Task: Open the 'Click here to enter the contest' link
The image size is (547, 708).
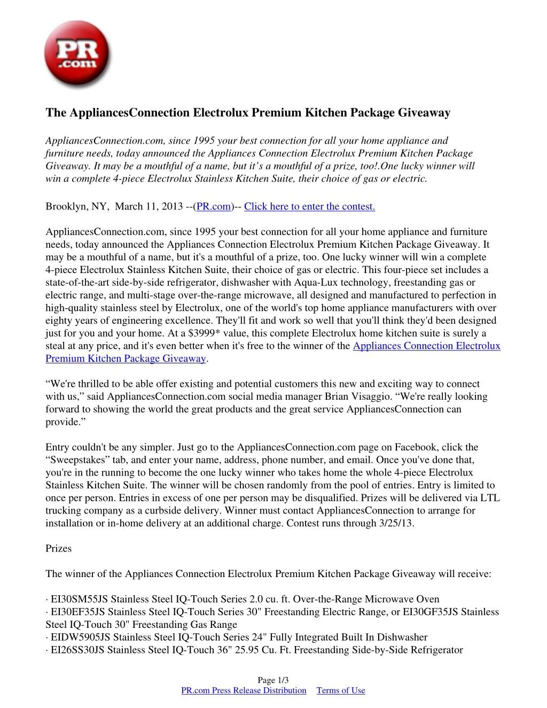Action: pyautogui.click(x=309, y=207)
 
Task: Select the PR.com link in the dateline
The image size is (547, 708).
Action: pyautogui.click(x=214, y=207)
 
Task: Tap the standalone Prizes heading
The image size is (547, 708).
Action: pyautogui.click(x=58, y=549)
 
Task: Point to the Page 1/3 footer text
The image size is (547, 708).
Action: pyautogui.click(x=273, y=680)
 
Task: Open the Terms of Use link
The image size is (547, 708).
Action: pyautogui.click(x=341, y=690)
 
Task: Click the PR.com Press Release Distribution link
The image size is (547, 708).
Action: pyautogui.click(x=244, y=690)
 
